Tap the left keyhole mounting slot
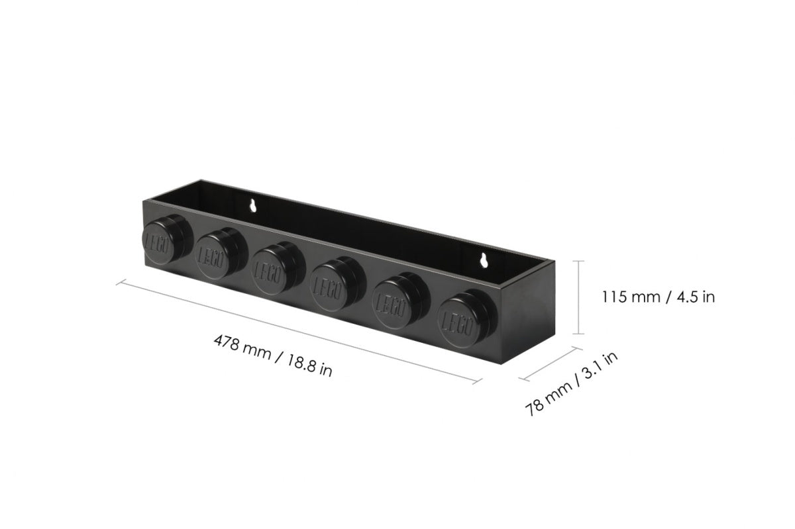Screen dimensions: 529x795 click(x=252, y=207)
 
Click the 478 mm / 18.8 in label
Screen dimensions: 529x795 click(x=272, y=356)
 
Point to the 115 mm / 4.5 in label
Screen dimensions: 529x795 click(x=658, y=297)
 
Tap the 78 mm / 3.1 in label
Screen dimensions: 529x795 click(x=572, y=383)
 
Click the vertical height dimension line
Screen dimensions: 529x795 click(x=581, y=297)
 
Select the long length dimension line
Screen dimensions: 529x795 click(x=298, y=332)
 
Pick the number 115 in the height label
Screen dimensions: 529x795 click(x=614, y=297)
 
